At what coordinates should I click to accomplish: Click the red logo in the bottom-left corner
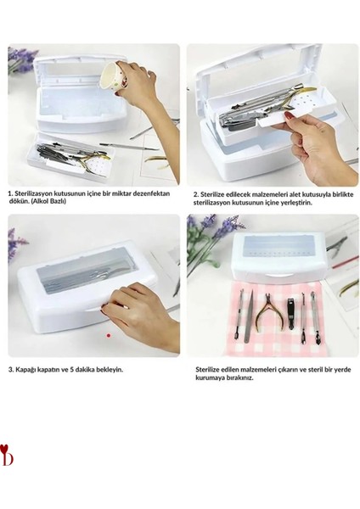[x=8, y=457]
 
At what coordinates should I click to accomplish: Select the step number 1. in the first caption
[x=11, y=194]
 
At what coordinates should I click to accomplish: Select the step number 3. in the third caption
[x=11, y=370]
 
